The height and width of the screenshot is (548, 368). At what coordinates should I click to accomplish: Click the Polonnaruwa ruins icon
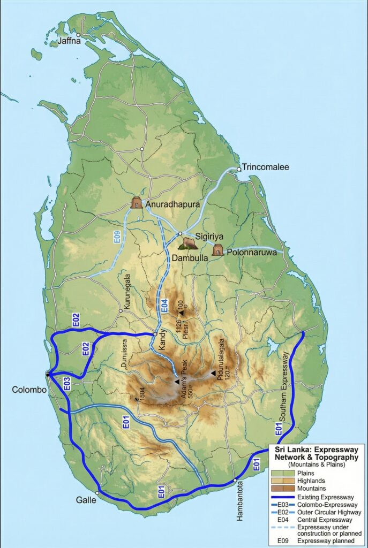coord(217,250)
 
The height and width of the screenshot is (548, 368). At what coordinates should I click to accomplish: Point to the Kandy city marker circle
coord(155,334)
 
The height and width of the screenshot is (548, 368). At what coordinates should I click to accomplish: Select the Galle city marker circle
coord(97,493)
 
